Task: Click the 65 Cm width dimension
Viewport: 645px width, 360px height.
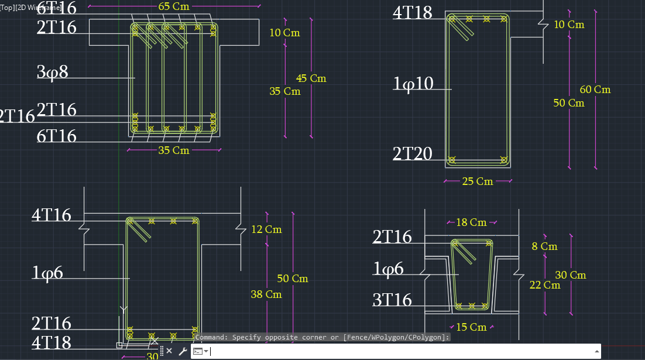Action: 173,6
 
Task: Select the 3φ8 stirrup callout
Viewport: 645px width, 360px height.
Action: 53,73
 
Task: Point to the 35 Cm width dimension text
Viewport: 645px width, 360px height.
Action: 174,150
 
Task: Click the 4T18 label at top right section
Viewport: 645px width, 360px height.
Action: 412,13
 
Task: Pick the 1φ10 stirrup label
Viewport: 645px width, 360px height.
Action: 413,84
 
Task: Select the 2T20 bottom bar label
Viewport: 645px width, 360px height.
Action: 412,154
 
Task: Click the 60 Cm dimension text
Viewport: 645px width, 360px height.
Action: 595,90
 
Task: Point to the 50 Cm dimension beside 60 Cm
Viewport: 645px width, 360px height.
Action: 568,103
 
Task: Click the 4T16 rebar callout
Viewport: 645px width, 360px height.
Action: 52,215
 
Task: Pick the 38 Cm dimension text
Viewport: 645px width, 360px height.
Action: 266,294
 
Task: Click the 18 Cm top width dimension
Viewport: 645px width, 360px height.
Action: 471,222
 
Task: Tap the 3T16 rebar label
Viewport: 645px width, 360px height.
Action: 392,300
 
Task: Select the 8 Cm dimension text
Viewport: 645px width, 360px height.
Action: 544,246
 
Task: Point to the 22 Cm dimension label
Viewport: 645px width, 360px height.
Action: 544,285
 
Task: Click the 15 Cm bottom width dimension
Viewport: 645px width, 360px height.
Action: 471,327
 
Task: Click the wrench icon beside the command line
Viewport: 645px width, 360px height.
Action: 182,351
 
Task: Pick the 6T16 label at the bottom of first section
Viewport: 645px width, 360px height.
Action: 57,136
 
